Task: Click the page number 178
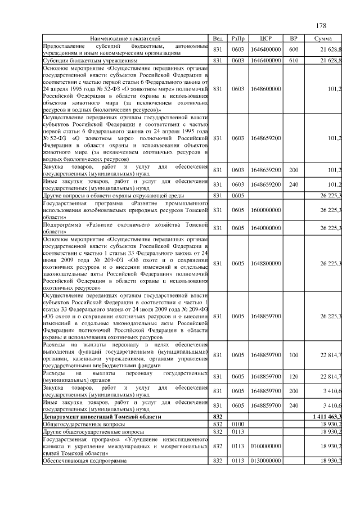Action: pos(321,26)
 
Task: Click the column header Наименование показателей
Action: pos(125,38)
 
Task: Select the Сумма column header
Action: pos(326,38)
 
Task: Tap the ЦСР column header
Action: pos(266,38)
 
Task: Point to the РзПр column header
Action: pos(237,38)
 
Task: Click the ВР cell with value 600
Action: pos(293,49)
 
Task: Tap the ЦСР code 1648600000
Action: pos(266,89)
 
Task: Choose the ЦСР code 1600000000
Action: pos(266,210)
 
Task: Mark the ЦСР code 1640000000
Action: pos(266,228)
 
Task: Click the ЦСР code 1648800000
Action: pos(266,263)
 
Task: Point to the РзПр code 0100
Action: pos(237,424)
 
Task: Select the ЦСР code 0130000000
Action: pos(266,461)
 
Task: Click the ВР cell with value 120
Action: pos(293,376)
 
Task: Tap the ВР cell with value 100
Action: pos(293,355)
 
